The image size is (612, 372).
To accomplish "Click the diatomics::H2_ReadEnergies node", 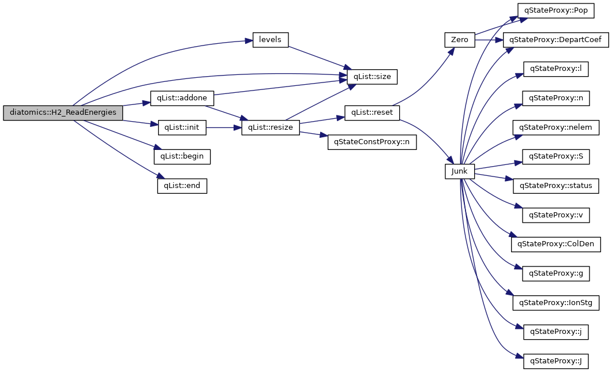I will pyautogui.click(x=63, y=113).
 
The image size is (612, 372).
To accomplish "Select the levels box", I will pyautogui.click(x=271, y=40).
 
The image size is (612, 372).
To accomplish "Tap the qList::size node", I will pyautogui.click(x=371, y=76).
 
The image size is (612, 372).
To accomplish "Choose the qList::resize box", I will pyautogui.click(x=271, y=127).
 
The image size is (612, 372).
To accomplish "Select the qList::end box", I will pyautogui.click(x=182, y=186).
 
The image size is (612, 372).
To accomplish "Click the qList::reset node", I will pyautogui.click(x=371, y=112).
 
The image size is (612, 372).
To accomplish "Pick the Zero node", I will pyautogui.click(x=460, y=40).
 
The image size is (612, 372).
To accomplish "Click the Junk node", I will pyautogui.click(x=460, y=171).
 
